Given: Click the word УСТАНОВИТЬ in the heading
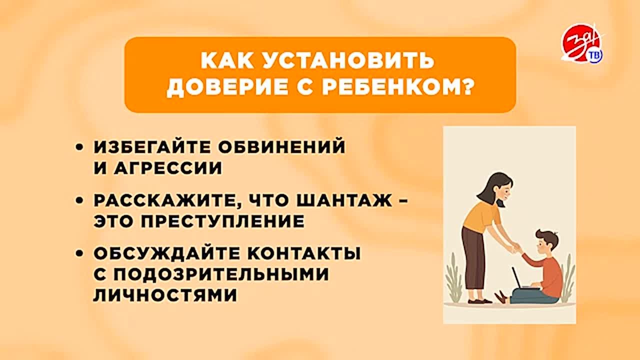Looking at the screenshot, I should [353, 61].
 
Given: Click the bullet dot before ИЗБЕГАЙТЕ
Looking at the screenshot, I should [78, 147].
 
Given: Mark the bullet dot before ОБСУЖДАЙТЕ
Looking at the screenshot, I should [78, 254].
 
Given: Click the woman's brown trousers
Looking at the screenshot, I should [473, 260].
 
